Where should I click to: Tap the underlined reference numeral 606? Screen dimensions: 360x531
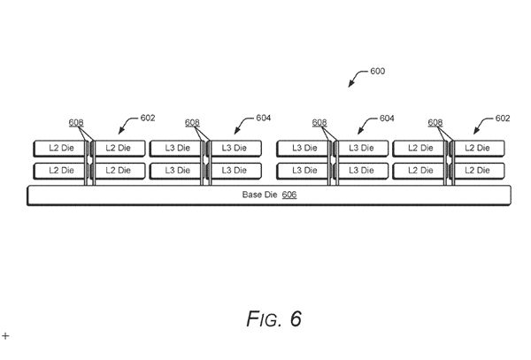[289, 194]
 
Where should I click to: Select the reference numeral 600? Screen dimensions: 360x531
[376, 71]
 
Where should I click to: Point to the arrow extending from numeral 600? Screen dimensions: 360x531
[356, 80]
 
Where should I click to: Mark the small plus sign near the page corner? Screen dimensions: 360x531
[5, 336]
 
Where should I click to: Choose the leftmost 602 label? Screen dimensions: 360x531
[149, 118]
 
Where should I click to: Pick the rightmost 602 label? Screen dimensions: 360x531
[502, 118]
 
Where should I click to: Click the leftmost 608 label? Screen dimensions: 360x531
[76, 123]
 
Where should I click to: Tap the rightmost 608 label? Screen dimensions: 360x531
[435, 123]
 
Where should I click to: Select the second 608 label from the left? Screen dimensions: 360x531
[193, 123]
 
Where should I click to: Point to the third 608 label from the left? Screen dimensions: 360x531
[319, 123]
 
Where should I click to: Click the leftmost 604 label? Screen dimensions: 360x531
[264, 118]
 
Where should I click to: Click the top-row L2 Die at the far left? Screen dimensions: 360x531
[59, 147]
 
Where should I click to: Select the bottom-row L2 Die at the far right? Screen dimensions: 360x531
[480, 169]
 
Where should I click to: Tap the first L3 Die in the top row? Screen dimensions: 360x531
[175, 147]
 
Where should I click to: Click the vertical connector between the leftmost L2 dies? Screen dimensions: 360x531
[90, 158]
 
